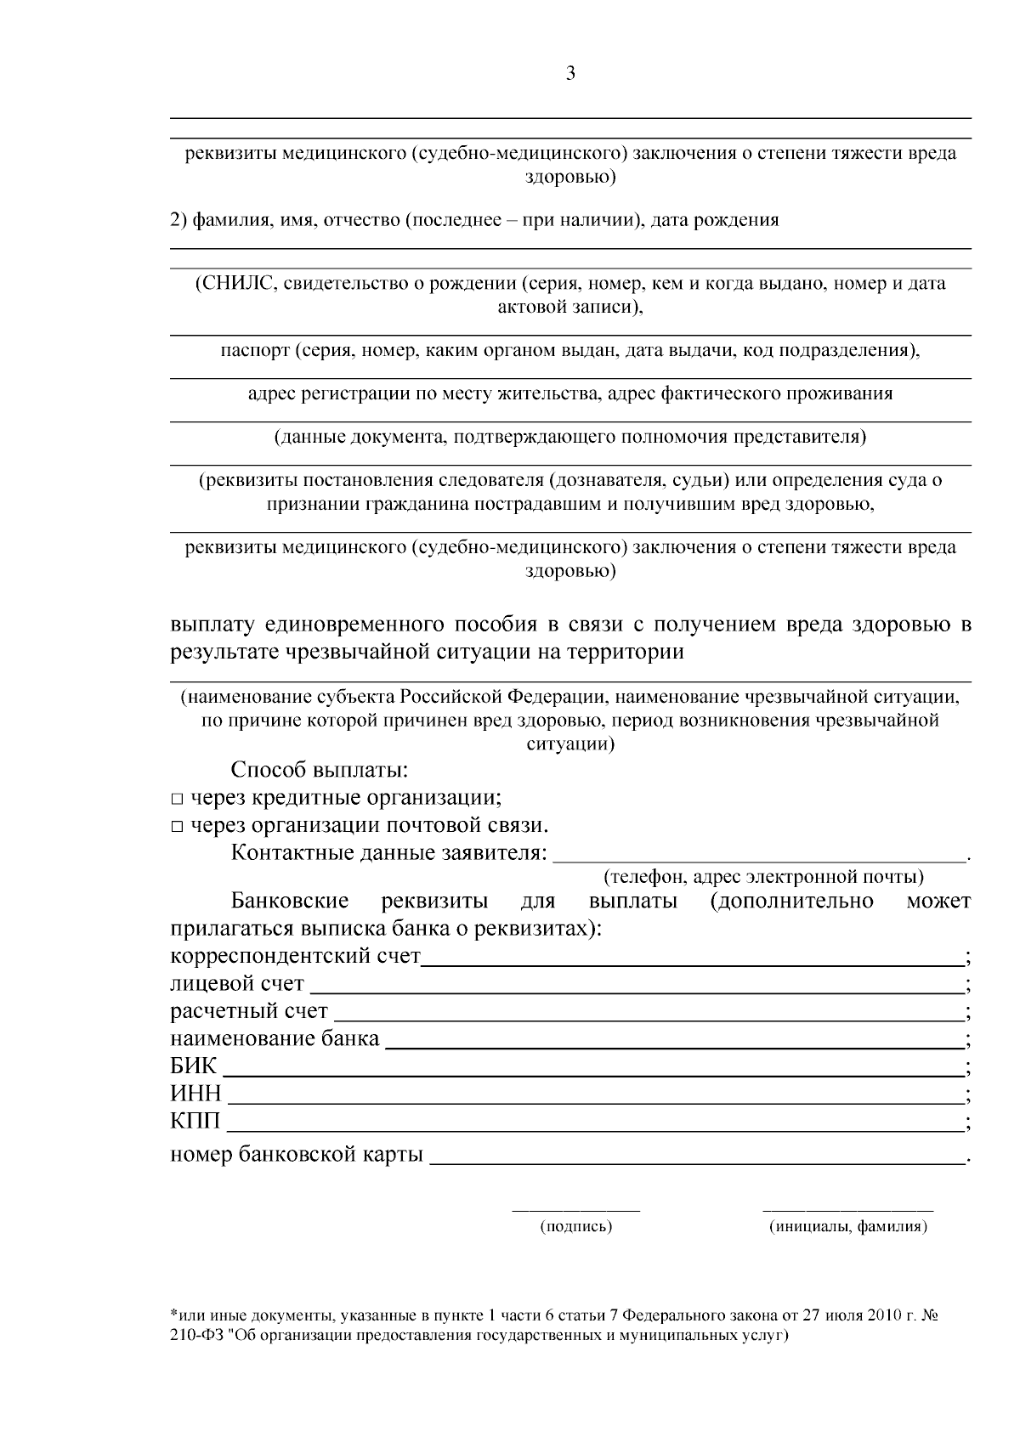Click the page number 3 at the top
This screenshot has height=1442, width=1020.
[570, 74]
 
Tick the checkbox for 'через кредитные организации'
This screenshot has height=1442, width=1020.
[177, 800]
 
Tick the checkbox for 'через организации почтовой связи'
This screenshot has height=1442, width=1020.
[177, 827]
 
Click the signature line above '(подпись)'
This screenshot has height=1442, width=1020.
[575, 1208]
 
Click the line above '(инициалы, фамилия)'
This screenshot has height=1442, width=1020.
[847, 1208]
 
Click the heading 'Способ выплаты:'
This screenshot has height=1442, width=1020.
[320, 771]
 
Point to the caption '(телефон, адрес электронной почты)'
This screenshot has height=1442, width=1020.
[762, 876]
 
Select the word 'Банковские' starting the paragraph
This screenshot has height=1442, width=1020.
[290, 902]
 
